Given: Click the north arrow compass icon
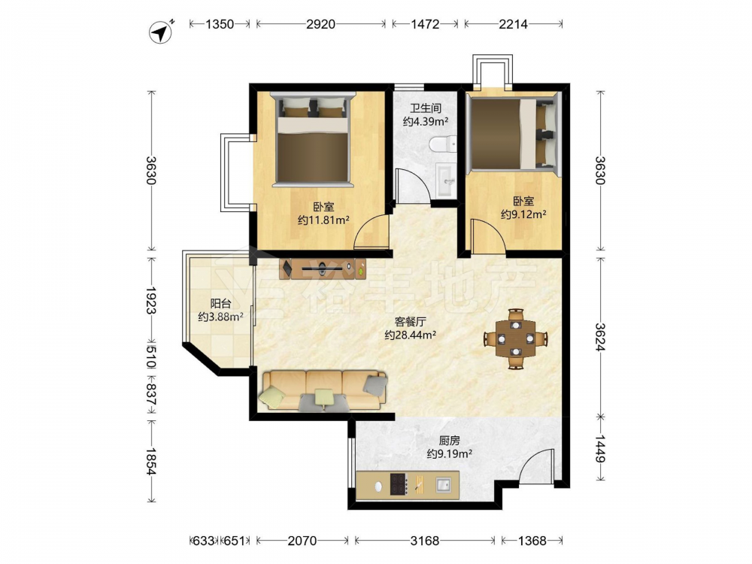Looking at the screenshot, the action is coord(162,32).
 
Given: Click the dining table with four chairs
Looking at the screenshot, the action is coord(516,338).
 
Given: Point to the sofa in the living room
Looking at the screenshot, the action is coord(323,390).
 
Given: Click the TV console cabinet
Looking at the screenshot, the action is coord(323,268).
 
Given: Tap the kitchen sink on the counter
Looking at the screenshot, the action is coord(444,485).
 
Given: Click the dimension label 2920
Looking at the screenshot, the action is coord(320,24).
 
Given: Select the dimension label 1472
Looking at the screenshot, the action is coord(425,24).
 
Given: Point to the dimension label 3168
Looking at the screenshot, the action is coord(424,541).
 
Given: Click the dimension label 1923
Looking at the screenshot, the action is coord(152,301).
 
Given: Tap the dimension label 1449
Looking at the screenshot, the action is coord(600,449).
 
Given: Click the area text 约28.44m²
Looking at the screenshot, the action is coord(410,335).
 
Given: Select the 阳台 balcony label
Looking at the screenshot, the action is coord(220,304).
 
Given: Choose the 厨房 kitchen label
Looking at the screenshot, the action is coord(450,440).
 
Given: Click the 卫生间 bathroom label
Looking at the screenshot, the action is coord(426,108).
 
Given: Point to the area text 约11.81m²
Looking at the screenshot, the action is coord(323,220).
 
